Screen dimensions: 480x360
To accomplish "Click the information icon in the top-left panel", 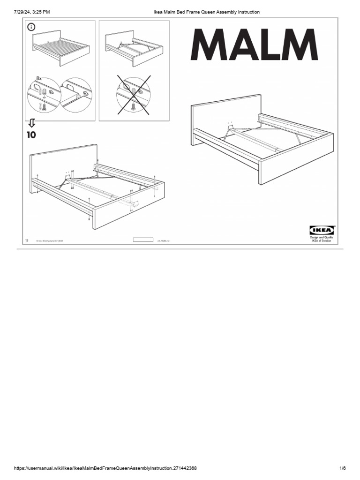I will point(32,27).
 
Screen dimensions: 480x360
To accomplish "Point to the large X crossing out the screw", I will point(134,95).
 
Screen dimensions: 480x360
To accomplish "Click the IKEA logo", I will point(321,230).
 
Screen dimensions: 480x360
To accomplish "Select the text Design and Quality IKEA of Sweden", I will point(321,239).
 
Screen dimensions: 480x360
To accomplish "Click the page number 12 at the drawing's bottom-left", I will point(27,240).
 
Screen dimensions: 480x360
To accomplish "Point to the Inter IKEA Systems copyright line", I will point(47,241).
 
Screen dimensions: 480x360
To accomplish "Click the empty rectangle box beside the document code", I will point(143,240).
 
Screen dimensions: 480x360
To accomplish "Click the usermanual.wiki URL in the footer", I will point(105,468).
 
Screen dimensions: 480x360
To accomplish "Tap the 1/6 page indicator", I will point(342,468).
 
